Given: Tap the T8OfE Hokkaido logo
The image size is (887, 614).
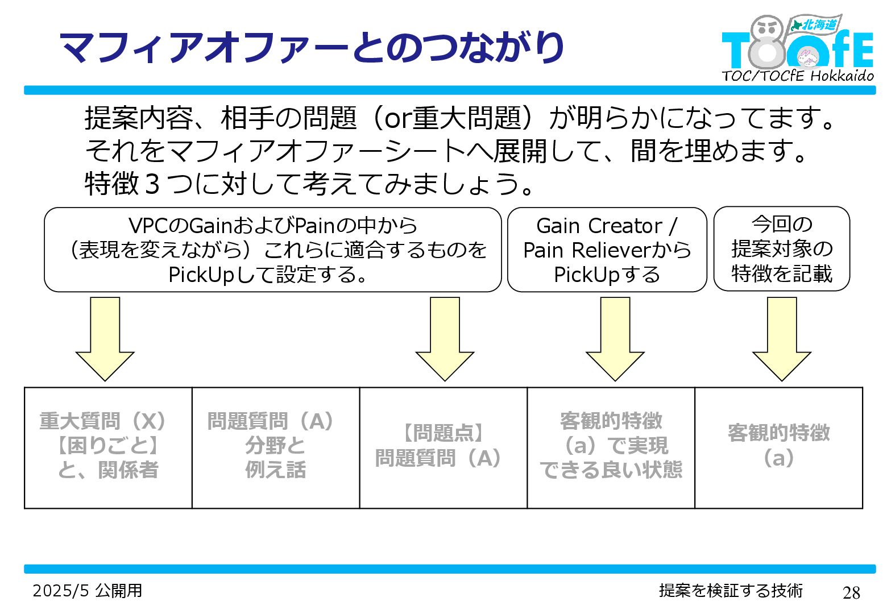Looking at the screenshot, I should pyautogui.click(x=797, y=45).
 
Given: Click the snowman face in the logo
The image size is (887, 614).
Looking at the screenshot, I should pyautogui.click(x=766, y=28).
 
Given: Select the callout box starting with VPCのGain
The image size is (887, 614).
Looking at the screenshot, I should pyautogui.click(x=272, y=250).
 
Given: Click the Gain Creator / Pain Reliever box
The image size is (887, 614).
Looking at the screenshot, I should pyautogui.click(x=607, y=250).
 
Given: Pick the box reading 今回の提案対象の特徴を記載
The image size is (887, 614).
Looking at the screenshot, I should pyautogui.click(x=781, y=249).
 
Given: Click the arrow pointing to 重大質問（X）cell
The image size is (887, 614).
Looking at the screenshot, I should pyautogui.click(x=105, y=338).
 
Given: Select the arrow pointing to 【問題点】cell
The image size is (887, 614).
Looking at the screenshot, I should pyautogui.click(x=445, y=338).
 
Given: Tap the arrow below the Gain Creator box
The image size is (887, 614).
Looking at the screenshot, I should pyautogui.click(x=615, y=338).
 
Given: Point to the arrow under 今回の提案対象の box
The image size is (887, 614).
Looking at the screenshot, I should pyautogui.click(x=781, y=338).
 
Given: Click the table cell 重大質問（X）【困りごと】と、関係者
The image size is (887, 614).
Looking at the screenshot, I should pyautogui.click(x=108, y=447).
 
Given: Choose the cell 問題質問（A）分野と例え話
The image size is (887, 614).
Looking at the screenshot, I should pyautogui.click(x=276, y=447).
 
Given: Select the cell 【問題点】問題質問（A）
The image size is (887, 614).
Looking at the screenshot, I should pyautogui.click(x=443, y=447).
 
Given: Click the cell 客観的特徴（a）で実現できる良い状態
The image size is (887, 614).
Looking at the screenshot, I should pyautogui.click(x=611, y=447).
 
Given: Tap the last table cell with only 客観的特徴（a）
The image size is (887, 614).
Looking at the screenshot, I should pyautogui.click(x=779, y=447).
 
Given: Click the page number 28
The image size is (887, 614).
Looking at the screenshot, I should pyautogui.click(x=851, y=592).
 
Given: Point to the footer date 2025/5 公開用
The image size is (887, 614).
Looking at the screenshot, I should pyautogui.click(x=88, y=591).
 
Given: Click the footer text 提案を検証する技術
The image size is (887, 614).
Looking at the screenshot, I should pyautogui.click(x=731, y=591).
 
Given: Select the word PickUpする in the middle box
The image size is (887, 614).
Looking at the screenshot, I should pyautogui.click(x=607, y=275).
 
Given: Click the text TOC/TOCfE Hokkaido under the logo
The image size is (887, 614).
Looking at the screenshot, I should pyautogui.click(x=798, y=76).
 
